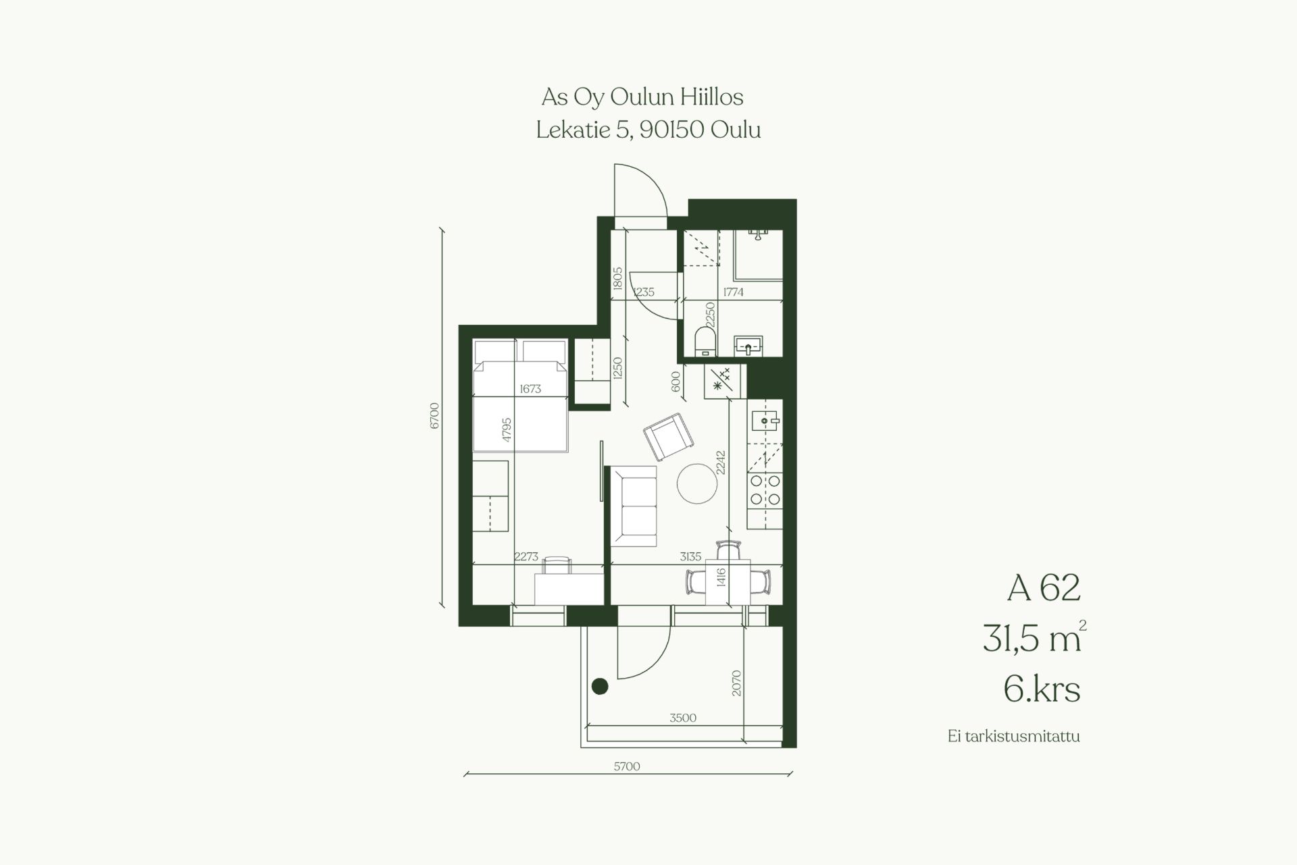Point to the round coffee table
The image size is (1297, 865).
coord(697,483)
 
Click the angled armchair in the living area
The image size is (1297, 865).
coord(668,436)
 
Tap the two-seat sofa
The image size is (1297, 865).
coord(634,506)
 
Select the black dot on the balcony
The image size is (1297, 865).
coord(600,686)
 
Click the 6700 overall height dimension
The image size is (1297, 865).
coord(435,415)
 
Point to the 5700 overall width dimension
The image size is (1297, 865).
coord(626,766)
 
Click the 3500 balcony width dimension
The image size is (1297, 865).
coord(683,718)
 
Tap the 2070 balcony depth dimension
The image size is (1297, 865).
coord(736,683)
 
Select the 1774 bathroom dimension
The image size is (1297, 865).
coord(733,292)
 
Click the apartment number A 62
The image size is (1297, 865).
coord(1044,587)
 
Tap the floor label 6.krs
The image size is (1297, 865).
coord(1042,689)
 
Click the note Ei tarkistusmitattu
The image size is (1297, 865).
coord(1013,736)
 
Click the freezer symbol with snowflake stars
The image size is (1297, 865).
coord(723,381)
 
